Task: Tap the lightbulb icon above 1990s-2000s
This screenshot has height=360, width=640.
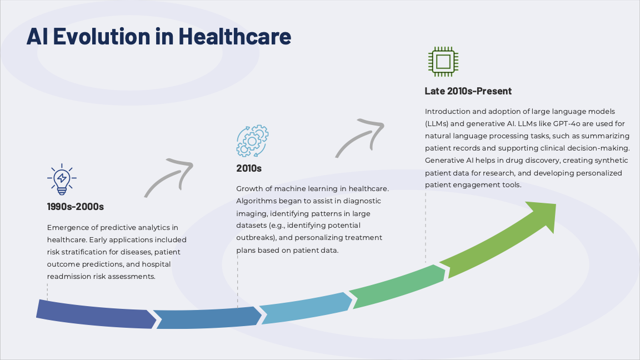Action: click(62, 179)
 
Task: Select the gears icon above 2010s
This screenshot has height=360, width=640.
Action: click(252, 141)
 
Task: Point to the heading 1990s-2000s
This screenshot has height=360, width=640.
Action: click(76, 207)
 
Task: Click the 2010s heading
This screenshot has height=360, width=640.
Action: click(249, 168)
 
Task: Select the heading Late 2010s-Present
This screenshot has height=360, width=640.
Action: click(468, 91)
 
